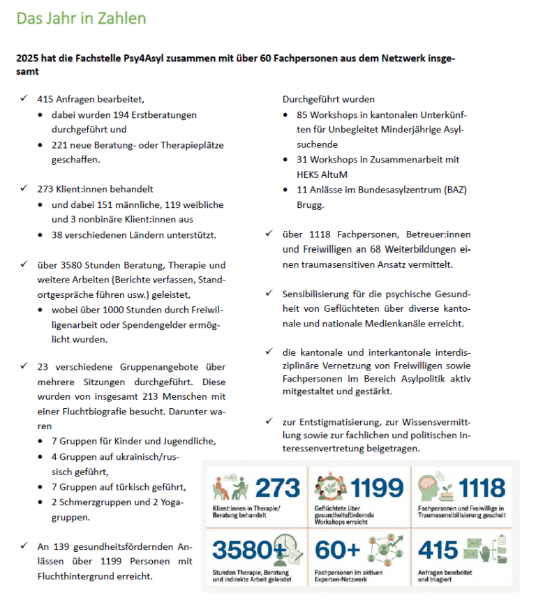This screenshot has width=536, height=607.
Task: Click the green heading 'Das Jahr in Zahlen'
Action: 82,19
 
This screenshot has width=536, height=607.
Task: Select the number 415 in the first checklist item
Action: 46,99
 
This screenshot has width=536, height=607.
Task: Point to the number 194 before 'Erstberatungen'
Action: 122,114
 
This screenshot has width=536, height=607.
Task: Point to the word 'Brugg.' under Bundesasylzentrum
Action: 310,205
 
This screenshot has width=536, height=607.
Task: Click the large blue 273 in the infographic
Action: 277,488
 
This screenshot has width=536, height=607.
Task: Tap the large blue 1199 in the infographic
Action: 378,488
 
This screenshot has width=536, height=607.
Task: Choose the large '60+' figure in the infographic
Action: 337,550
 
